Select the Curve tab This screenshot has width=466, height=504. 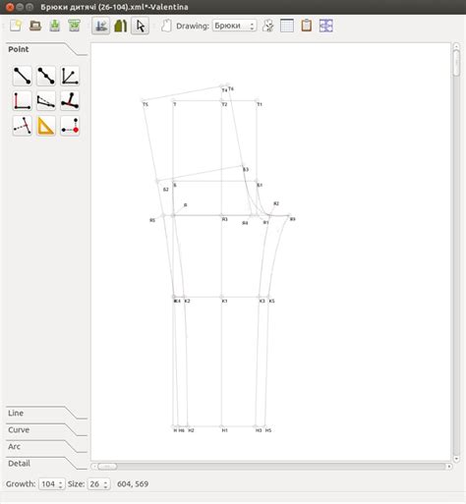click(x=20, y=430)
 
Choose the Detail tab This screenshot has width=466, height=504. click(x=20, y=462)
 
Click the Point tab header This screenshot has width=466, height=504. click(x=18, y=48)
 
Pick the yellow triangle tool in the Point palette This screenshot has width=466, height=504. click(x=46, y=125)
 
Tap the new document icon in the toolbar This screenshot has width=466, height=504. click(x=15, y=26)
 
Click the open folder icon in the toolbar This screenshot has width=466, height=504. click(x=34, y=26)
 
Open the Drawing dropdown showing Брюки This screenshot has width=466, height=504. click(x=234, y=26)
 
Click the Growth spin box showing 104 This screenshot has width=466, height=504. click(x=51, y=484)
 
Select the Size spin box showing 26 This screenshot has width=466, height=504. click(x=98, y=484)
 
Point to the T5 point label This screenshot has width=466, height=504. click(x=145, y=104)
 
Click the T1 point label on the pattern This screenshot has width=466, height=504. click(x=260, y=104)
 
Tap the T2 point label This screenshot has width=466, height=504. click(x=224, y=104)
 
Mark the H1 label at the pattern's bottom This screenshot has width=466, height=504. click(x=224, y=430)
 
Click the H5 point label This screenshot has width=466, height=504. click(x=267, y=430)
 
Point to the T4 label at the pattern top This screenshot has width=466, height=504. click(x=224, y=90)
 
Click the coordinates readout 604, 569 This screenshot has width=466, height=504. click(x=133, y=484)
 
